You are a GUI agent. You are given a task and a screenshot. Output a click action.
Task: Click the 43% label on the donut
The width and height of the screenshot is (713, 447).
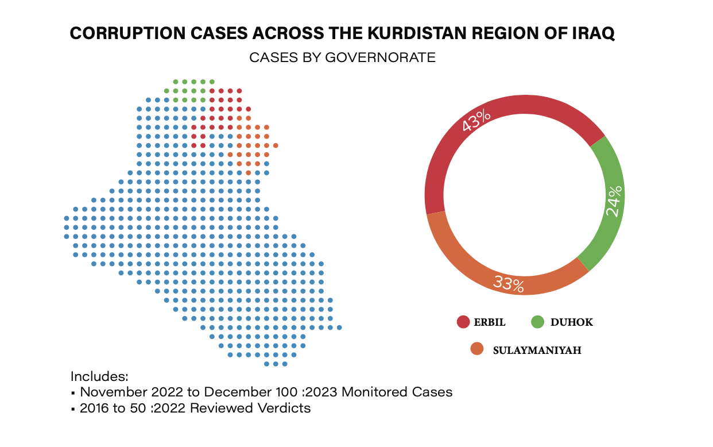(476, 120)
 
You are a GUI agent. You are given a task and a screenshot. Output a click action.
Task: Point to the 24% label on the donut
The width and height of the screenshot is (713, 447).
(614, 201)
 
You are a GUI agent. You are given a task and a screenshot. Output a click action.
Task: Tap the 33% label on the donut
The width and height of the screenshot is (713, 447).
(509, 284)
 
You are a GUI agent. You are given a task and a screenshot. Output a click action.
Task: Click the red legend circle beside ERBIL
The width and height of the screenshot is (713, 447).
(463, 322)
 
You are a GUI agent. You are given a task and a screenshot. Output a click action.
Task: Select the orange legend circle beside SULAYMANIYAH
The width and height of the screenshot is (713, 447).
(476, 349)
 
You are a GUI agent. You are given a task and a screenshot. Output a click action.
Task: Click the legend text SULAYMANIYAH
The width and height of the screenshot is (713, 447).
(537, 350)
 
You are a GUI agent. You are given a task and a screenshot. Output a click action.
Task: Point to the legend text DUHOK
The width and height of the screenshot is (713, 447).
(571, 322)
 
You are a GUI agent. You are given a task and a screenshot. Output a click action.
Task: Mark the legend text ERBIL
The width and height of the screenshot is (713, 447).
(489, 322)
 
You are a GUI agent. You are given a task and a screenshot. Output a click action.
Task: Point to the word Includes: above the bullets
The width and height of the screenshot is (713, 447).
(99, 377)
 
